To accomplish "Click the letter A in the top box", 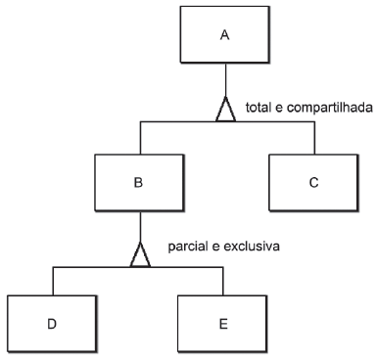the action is point(225,35).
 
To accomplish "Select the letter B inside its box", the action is point(138,182).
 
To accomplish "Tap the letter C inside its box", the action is point(313,182).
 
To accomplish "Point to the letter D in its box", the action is point(52,324).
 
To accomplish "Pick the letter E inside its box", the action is point(223,324).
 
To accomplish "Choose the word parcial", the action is point(188,247).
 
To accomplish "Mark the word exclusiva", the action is point(252,246).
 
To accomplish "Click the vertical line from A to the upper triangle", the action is point(225,79).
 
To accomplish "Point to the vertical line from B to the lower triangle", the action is point(140,226).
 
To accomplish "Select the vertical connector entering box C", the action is point(314,138).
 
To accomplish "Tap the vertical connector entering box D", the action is point(53,282).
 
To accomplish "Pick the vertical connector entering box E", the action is point(223,282).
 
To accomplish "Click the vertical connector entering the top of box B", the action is point(140,138).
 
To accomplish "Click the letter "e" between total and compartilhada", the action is point(279,108).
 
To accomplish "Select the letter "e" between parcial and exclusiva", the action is point(215,247).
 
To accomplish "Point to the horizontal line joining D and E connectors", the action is point(138,267).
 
